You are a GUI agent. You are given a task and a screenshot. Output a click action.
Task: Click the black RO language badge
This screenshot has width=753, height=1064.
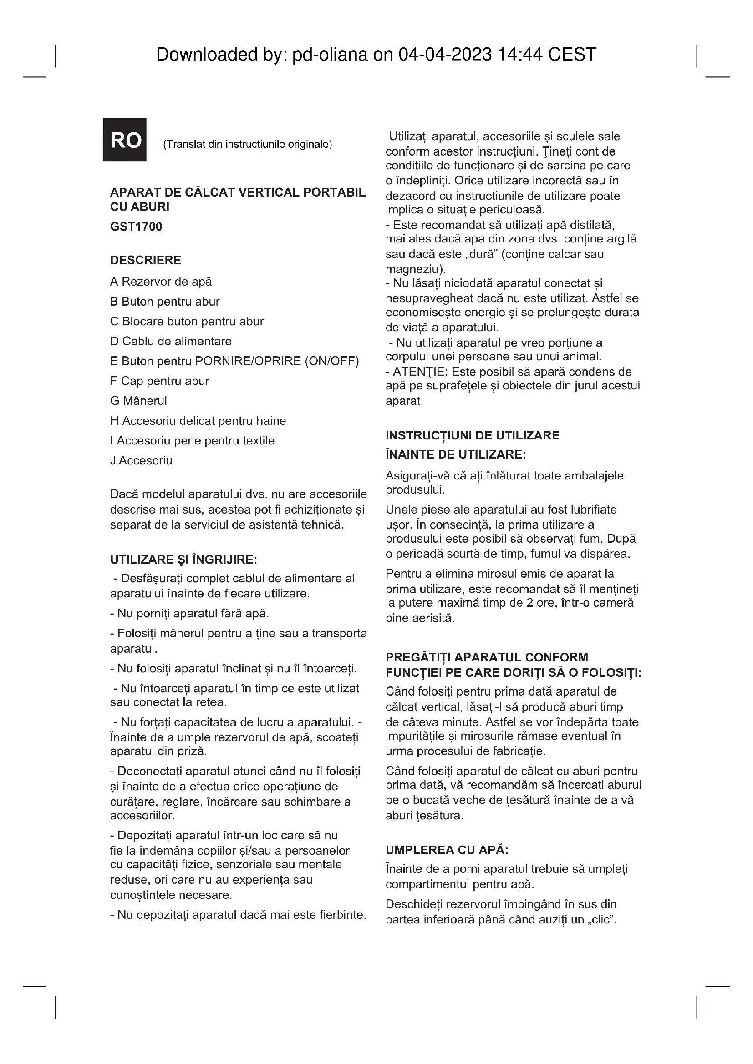click(x=125, y=140)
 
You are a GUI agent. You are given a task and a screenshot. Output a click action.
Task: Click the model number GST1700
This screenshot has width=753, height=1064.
click(x=136, y=227)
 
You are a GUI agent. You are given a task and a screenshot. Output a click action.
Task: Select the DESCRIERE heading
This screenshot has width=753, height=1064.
click(x=145, y=260)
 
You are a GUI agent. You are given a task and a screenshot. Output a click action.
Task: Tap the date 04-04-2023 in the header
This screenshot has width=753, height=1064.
click(x=445, y=55)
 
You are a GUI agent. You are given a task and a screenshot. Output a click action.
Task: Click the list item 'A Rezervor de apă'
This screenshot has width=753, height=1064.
click(x=161, y=282)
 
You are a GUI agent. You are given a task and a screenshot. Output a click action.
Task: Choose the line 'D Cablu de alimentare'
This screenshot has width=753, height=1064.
click(x=171, y=341)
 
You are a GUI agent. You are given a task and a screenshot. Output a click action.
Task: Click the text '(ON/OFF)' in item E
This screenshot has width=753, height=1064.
click(x=331, y=361)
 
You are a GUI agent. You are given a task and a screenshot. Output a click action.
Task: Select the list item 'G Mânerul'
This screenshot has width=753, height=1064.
click(x=138, y=401)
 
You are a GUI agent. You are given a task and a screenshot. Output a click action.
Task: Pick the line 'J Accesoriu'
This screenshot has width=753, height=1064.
click(x=141, y=460)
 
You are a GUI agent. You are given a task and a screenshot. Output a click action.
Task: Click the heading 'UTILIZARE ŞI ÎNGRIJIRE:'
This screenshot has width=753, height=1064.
click(x=183, y=560)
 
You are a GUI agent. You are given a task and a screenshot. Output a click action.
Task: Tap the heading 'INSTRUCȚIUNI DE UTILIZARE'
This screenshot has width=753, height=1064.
click(x=472, y=435)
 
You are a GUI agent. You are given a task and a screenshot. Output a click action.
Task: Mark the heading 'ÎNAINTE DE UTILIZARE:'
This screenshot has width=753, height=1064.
click(x=455, y=454)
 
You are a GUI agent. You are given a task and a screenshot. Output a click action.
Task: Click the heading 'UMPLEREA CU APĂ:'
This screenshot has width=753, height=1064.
click(x=447, y=850)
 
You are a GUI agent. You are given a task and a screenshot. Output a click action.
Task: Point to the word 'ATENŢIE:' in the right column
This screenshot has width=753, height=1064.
click(x=421, y=372)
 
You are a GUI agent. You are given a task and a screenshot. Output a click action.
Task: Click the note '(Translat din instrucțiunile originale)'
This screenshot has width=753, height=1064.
click(x=247, y=144)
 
